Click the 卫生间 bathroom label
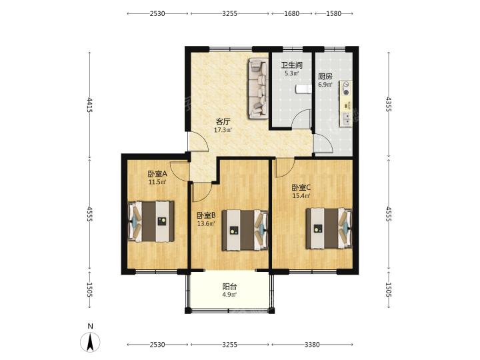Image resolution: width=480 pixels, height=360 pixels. [292, 65]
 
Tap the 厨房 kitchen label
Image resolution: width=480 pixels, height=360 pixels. [325, 76]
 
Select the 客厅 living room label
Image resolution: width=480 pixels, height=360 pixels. [223, 121]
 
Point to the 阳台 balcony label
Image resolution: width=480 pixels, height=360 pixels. [229, 287]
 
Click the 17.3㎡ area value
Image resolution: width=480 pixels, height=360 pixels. [223, 130]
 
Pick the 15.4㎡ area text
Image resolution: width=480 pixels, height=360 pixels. [301, 196]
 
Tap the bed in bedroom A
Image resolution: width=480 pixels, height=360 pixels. [151, 221]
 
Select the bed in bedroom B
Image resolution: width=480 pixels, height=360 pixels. [245, 230]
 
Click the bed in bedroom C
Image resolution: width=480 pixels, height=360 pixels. [329, 229]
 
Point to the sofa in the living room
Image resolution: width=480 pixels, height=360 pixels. [259, 88]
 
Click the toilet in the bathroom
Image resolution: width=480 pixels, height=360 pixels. [303, 89]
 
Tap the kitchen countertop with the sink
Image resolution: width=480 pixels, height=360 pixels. [345, 103]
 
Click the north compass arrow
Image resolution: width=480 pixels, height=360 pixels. [90, 341]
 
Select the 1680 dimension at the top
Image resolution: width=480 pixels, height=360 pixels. [292, 13]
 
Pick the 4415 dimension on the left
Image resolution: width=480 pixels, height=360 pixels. [89, 105]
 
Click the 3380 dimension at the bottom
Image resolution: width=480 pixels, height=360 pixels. [312, 345]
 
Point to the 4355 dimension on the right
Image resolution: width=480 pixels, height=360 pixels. [389, 104]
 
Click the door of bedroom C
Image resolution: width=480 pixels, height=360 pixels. [285, 168]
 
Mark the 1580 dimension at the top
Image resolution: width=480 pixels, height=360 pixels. [334, 13]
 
